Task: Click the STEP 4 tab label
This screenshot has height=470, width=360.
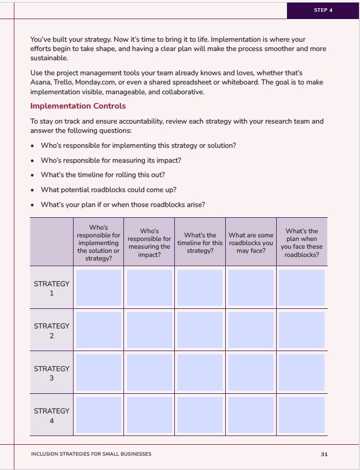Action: click(323, 10)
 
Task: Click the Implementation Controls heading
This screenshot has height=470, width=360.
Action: click(78, 106)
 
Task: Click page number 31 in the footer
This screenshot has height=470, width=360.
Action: click(324, 454)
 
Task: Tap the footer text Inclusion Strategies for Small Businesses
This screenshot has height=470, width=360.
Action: click(91, 454)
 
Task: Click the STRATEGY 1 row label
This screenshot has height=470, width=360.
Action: click(51, 288)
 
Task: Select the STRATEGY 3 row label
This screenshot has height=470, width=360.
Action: click(51, 373)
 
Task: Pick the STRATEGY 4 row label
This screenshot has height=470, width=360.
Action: click(51, 415)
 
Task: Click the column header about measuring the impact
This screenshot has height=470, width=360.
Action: click(149, 242)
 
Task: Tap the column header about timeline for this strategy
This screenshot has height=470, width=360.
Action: click(200, 242)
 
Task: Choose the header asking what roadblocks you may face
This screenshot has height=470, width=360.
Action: click(251, 242)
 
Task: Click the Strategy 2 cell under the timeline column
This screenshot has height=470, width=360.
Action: click(200, 330)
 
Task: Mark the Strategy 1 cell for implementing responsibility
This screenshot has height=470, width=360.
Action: click(99, 288)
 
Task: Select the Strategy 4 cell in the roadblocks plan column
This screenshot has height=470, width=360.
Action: click(301, 414)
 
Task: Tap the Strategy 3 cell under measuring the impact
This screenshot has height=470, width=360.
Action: click(149, 372)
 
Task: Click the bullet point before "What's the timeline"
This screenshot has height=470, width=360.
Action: click(33, 175)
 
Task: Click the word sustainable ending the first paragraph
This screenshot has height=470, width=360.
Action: click(49, 58)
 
